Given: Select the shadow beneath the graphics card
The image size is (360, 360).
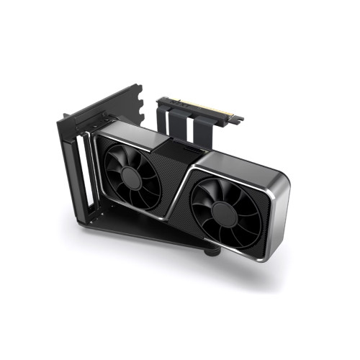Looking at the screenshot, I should [216, 270].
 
